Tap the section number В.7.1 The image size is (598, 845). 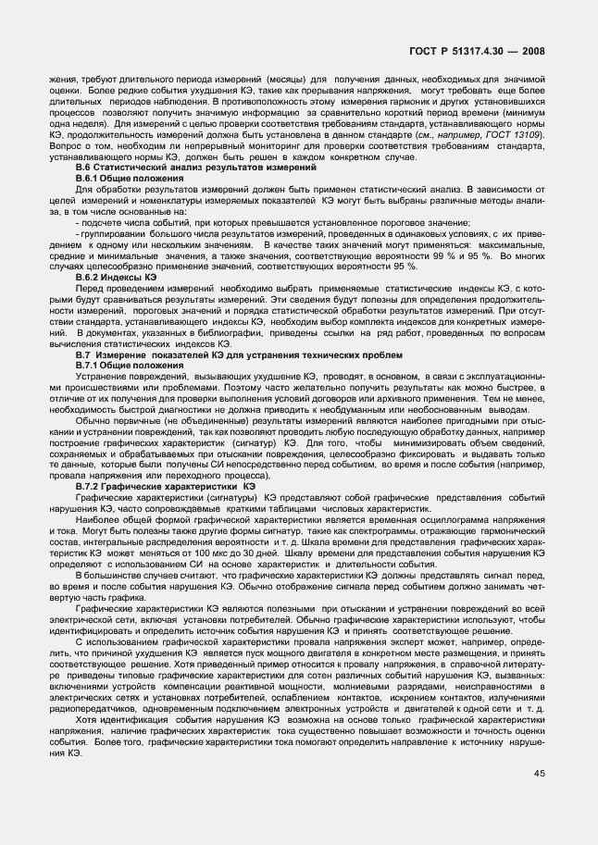(x=91, y=365)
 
